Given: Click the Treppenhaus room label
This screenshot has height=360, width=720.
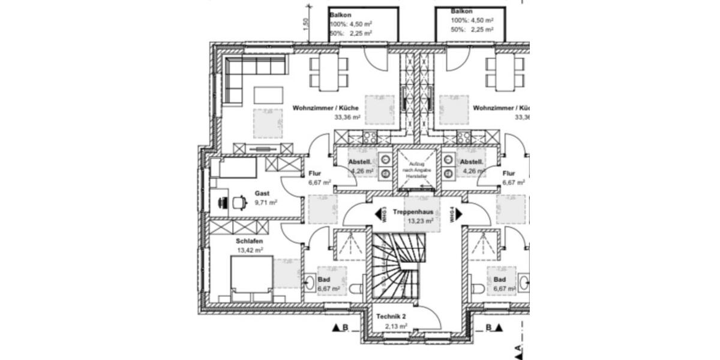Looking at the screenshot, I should tap(414, 212).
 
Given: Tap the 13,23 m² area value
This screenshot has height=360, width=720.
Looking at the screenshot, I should tap(420, 221).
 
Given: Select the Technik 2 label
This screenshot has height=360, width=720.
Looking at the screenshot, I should tap(392, 317).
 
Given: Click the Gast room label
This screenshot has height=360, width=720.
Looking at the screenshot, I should tap(262, 193).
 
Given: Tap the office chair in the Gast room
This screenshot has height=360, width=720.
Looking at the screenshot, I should tap(239, 202).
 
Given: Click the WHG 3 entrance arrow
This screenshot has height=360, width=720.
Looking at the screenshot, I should tap(380, 214).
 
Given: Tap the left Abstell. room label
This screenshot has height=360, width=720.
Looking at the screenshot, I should tap(360, 162).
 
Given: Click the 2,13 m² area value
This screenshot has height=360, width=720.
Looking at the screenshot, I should tap(396, 326).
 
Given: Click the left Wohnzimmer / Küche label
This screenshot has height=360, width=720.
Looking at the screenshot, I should tap(326, 108).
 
